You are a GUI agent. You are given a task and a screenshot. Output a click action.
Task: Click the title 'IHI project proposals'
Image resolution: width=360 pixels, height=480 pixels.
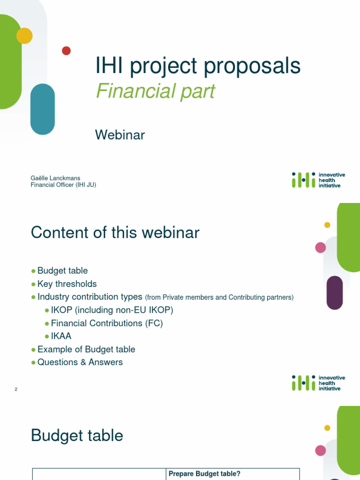(198, 66)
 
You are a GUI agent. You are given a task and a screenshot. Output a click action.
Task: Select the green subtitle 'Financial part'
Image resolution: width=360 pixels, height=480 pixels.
(155, 91)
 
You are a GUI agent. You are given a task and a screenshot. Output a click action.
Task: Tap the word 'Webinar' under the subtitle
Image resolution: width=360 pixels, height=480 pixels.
(120, 135)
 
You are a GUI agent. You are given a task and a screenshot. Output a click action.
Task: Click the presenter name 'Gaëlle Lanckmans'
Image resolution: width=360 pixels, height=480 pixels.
(55, 178)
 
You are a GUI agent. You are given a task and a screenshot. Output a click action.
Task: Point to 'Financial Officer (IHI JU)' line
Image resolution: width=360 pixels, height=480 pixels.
(63, 185)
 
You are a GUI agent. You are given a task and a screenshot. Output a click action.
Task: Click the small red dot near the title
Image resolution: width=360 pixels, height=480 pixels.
(66, 51)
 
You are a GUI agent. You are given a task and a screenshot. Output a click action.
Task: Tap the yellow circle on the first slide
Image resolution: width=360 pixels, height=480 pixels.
(24, 36)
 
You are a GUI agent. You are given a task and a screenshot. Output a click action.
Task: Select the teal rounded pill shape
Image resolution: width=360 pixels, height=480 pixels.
(43, 109)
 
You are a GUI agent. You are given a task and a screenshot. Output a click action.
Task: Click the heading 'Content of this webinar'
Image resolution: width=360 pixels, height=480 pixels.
(115, 232)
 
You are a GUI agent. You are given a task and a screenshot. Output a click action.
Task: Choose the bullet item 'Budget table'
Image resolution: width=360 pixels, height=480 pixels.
(62, 270)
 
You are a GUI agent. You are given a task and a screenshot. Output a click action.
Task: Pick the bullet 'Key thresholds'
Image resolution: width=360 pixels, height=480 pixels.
(67, 284)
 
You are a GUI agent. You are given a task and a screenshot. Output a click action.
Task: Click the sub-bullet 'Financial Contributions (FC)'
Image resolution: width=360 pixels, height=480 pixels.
(107, 323)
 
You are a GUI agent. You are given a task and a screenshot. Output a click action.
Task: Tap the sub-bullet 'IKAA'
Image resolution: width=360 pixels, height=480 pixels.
(61, 336)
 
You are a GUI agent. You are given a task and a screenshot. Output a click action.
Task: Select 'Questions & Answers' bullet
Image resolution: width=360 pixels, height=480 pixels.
(80, 362)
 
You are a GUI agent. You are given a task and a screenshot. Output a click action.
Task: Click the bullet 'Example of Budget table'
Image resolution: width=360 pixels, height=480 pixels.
(86, 349)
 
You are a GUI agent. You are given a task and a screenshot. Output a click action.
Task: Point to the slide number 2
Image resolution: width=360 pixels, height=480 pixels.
(16, 390)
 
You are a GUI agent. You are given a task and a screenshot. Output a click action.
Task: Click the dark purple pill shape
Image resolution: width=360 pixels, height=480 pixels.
(335, 292)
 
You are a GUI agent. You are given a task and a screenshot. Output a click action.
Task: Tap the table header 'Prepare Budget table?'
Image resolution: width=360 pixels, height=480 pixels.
(204, 474)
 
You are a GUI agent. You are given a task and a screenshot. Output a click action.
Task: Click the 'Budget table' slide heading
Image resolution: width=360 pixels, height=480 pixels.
(77, 435)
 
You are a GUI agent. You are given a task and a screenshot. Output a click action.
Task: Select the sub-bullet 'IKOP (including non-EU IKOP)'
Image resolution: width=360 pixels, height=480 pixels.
(112, 310)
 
